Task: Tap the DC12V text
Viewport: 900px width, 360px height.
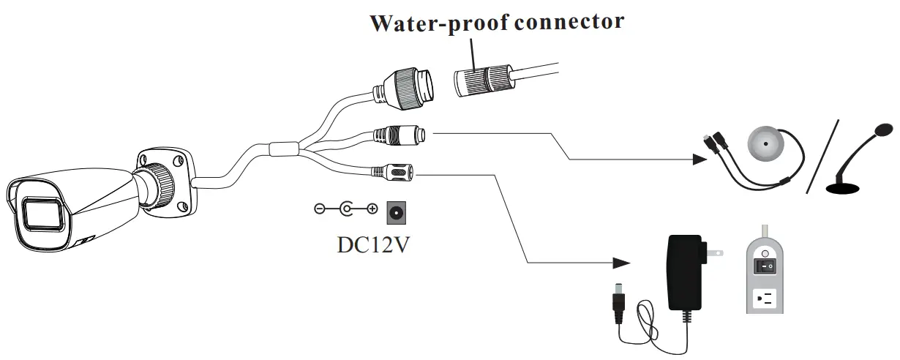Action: pyautogui.click(x=373, y=244)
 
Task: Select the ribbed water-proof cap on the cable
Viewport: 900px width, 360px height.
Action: pyautogui.click(x=483, y=75)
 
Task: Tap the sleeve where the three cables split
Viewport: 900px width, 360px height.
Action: pyautogui.click(x=284, y=149)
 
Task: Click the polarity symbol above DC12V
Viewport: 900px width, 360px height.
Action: pyautogui.click(x=345, y=210)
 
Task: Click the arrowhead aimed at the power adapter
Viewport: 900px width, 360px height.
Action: pyautogui.click(x=621, y=263)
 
